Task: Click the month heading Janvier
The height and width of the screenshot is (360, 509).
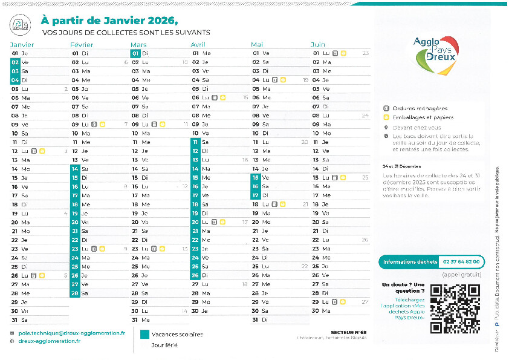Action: coord(22,45)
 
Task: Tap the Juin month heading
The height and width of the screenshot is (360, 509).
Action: coord(318,45)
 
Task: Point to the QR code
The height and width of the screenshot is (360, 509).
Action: coord(455,309)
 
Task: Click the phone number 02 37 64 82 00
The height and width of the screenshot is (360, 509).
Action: coord(461,262)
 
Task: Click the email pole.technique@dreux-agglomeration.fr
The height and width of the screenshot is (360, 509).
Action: coord(72,333)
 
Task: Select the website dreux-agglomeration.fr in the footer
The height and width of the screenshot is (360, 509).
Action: coord(49,341)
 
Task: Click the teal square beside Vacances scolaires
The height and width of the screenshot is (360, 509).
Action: coord(144,334)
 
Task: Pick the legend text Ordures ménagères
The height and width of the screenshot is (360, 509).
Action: coord(420,108)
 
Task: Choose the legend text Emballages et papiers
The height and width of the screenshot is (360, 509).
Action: coord(423,117)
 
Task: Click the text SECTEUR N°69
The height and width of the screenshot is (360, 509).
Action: coord(349,332)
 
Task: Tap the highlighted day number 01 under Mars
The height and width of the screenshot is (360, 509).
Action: coord(135,53)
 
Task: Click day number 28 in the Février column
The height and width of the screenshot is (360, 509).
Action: coord(75,293)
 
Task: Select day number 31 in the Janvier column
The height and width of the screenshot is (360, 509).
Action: coord(15,319)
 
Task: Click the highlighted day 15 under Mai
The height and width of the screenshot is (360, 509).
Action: coord(256,178)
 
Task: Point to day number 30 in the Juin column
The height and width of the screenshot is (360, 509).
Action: coord(316,310)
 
